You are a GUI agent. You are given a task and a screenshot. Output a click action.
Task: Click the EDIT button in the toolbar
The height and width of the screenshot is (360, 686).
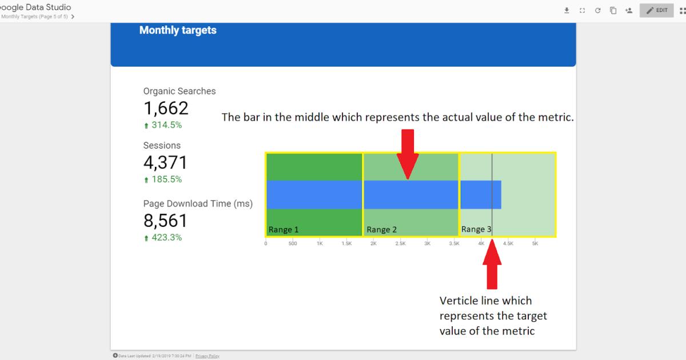coord(656,10)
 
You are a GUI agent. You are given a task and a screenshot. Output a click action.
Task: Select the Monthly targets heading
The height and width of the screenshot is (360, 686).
coord(178,30)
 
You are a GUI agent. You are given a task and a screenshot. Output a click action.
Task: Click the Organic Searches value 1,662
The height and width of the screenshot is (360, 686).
coord(166,108)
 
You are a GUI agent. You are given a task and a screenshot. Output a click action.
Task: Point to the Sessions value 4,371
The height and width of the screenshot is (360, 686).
coord(165,163)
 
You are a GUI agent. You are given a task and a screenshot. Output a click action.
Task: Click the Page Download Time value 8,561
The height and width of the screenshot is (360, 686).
coord(165,221)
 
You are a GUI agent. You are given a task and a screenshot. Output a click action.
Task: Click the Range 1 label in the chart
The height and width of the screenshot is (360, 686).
coord(284,230)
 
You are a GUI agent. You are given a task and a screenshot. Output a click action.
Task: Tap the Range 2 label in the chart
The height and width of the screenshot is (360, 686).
coord(382,230)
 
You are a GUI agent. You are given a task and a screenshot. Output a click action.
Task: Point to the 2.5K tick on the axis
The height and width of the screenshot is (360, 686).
coord(400,243)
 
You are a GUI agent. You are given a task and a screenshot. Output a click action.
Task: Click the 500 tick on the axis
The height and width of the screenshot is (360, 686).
coord(293,243)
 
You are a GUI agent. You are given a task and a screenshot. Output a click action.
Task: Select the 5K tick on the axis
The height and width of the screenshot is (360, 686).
coord(535,243)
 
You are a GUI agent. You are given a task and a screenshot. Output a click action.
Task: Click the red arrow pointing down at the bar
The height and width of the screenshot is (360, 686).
coord(407,153)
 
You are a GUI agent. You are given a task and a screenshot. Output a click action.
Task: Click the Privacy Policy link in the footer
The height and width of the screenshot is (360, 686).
coord(208,356)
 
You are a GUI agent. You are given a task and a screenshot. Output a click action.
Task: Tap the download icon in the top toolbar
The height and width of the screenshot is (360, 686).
coord(567,10)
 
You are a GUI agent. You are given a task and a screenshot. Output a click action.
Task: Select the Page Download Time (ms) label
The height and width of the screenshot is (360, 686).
coord(198,203)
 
